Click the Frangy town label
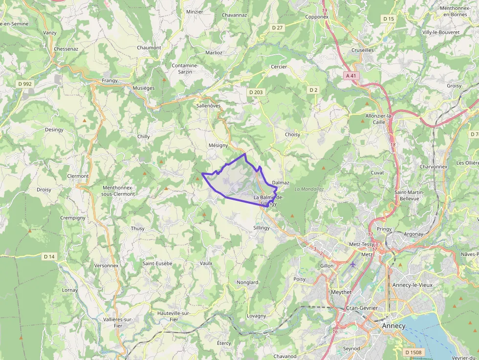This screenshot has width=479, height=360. (109, 81)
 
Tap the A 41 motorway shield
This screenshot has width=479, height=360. (350, 76)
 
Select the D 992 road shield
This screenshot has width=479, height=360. (24, 84)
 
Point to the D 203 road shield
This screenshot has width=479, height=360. (256, 92)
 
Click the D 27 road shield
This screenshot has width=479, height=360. (277, 28)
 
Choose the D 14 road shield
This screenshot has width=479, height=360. (49, 256)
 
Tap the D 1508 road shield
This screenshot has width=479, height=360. (414, 352)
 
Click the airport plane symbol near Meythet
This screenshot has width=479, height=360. (353, 264)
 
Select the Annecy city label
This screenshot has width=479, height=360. (393, 326)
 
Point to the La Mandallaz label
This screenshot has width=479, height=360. (310, 189)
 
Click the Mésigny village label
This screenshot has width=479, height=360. (218, 146)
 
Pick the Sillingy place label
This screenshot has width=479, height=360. (261, 228)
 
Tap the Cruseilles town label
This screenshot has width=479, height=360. (362, 50)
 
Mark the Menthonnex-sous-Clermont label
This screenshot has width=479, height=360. (118, 191)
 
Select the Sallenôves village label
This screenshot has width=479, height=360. (208, 106)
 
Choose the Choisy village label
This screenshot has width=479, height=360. (292, 134)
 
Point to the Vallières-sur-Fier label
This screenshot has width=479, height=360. (118, 322)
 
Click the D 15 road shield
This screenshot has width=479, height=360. (389, 19)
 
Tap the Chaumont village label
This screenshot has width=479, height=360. (149, 48)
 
